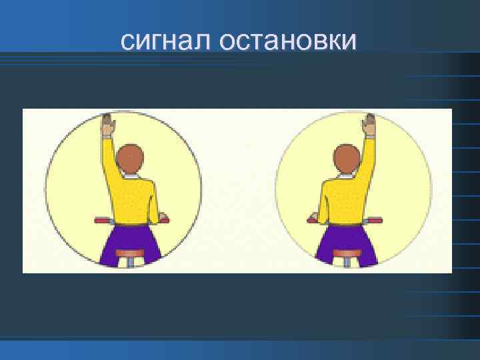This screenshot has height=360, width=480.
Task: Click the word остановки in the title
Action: pos(286,41)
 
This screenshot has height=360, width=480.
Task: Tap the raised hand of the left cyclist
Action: pos(107,124)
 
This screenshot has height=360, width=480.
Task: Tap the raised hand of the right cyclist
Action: pos(369,124)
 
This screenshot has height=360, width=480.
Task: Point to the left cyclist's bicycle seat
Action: pos(130,253)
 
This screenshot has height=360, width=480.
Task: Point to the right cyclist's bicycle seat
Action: pos(346,253)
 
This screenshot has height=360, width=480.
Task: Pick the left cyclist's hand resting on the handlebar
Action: pos(162,217)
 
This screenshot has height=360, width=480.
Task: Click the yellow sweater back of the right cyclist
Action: pos(341,200)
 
